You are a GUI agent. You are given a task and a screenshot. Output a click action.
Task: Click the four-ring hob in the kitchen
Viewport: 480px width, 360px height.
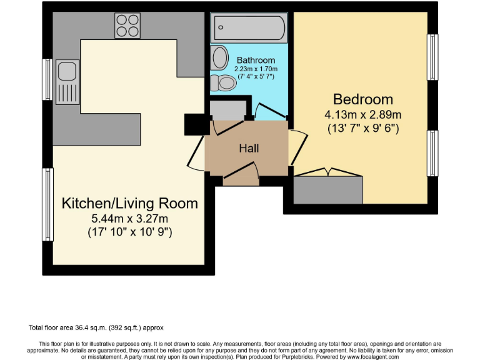(x=127, y=25)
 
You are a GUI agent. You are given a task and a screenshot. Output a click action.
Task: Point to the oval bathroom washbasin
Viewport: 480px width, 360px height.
(x=220, y=58)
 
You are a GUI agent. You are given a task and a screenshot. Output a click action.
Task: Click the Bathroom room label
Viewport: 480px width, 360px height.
(x=256, y=60)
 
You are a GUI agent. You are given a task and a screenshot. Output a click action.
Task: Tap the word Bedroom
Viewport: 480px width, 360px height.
(x=363, y=99)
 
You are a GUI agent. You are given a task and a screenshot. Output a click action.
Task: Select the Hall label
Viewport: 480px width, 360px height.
(x=249, y=148)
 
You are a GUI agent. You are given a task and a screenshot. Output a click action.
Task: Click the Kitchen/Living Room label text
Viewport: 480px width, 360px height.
(x=129, y=203)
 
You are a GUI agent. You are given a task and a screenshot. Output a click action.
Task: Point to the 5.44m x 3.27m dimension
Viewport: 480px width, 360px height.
(x=129, y=218)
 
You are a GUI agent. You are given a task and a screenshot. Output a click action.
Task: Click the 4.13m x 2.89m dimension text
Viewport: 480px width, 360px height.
(x=363, y=115)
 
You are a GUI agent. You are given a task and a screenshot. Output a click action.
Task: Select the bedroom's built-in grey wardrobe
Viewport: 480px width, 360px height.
(x=328, y=189)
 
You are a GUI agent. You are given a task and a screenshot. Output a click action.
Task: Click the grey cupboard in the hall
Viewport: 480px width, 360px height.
(x=227, y=110)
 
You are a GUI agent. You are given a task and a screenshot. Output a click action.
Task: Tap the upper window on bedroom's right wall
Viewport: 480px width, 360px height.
(x=431, y=58)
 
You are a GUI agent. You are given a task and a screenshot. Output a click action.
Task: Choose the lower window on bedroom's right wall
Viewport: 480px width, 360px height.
(x=431, y=153)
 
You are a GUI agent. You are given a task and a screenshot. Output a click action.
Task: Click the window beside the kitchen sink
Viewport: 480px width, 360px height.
(x=47, y=79)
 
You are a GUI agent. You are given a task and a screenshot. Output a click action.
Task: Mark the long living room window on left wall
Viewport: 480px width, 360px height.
(x=47, y=204)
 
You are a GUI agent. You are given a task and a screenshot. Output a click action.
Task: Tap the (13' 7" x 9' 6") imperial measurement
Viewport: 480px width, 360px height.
(x=363, y=129)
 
